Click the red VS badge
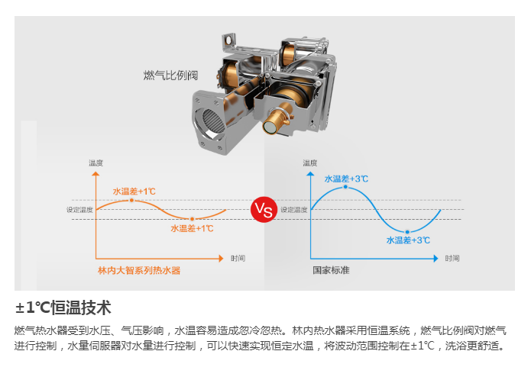263,209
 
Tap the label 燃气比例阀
170,75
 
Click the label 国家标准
330,270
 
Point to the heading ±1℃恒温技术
63,308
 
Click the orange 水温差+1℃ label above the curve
134,191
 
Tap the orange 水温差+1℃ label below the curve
192,228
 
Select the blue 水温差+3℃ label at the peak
346,179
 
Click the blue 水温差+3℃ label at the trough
407,240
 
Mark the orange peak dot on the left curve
131,200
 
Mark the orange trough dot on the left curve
191,219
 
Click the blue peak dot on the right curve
346,187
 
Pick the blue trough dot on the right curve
408,231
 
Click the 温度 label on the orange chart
96,163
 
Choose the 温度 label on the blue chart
309,163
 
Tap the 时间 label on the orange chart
238,258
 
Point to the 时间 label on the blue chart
452,258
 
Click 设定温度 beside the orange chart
79,210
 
